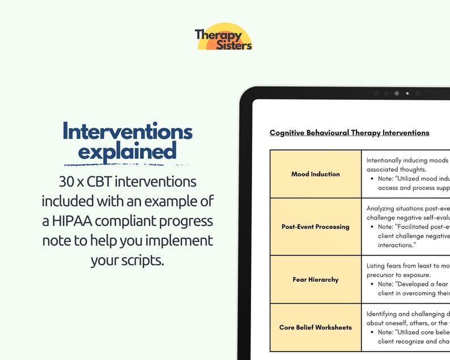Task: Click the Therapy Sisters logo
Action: pyautogui.click(x=223, y=37)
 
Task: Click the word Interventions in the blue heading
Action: pyautogui.click(x=128, y=132)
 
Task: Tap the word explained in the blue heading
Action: pyautogui.click(x=127, y=151)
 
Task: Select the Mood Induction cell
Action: pyautogui.click(x=316, y=174)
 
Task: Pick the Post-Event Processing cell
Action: pyautogui.click(x=316, y=227)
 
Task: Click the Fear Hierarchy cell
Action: pyautogui.click(x=316, y=279)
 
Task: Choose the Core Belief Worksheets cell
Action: pyautogui.click(x=316, y=327)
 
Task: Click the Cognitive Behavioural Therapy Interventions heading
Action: pyautogui.click(x=349, y=133)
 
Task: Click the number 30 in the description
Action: pyautogui.click(x=67, y=182)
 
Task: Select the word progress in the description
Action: pyautogui.click(x=184, y=221)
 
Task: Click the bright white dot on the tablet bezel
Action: pyautogui.click(x=407, y=93)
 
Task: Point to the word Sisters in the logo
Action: pyautogui.click(x=234, y=45)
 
